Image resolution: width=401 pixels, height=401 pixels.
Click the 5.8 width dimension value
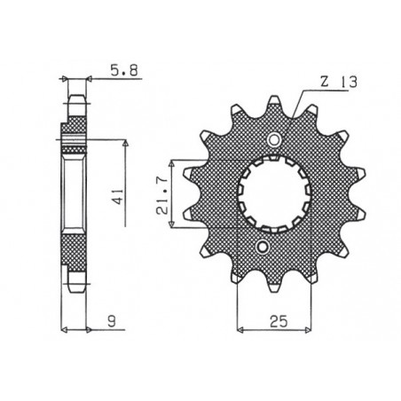(x=124, y=71)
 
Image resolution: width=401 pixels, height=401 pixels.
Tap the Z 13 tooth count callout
(x=339, y=82)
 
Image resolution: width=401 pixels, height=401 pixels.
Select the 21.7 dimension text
(x=162, y=194)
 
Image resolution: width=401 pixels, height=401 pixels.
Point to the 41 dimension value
(x=119, y=196)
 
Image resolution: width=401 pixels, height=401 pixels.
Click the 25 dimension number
(x=279, y=321)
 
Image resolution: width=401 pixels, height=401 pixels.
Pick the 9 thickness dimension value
(x=112, y=321)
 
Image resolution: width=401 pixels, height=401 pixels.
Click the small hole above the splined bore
(x=274, y=139)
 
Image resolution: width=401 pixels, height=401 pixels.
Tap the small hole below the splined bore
(x=262, y=246)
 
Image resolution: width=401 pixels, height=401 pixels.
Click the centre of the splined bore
(x=274, y=194)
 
